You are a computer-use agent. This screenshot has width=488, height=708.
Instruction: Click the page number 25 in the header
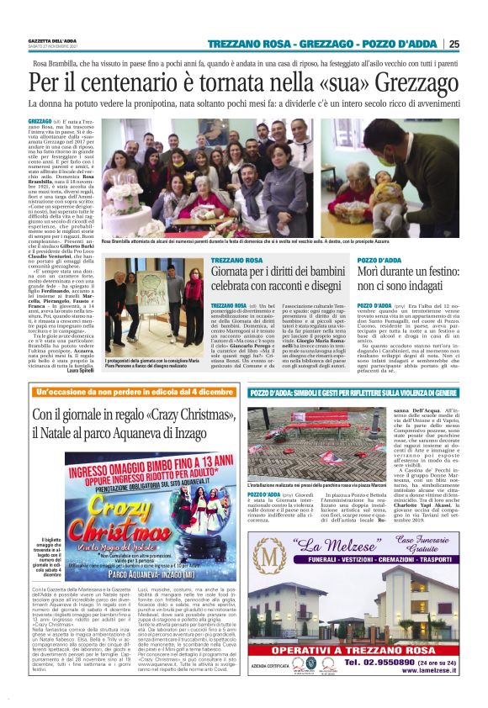coord(477,44)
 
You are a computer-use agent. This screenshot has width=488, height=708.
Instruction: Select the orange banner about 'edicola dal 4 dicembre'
coord(135,393)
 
